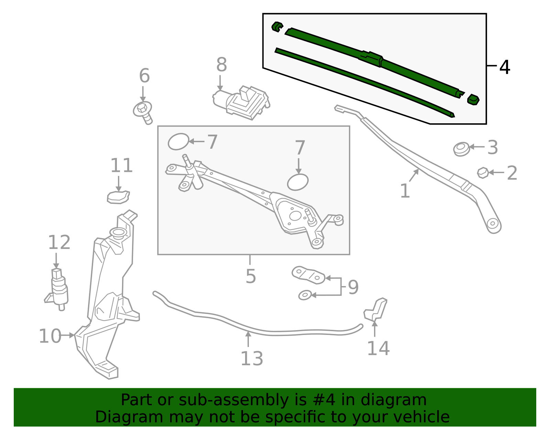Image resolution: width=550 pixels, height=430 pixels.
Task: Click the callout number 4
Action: coord(504,67)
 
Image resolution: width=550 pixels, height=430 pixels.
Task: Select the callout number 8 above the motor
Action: coord(222,64)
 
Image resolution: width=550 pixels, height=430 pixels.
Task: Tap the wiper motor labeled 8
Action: coord(242,102)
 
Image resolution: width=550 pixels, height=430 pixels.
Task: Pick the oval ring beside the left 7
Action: coord(178,141)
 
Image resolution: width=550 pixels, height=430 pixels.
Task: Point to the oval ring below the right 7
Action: coord(298,182)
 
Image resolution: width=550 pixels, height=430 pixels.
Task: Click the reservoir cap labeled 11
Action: coord(118,198)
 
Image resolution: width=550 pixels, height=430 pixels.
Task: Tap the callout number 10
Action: coord(50,336)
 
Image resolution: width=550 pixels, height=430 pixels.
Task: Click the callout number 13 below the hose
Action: coord(252,358)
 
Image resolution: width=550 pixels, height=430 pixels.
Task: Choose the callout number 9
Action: coord(353,287)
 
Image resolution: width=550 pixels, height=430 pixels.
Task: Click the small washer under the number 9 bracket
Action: coord(305,295)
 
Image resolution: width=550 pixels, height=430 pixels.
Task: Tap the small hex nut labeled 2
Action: coord(483,172)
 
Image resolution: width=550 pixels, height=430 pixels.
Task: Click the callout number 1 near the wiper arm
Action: coord(405,191)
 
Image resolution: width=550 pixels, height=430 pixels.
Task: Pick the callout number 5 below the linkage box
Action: coord(251,276)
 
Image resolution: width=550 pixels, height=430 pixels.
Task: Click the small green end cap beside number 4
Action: coord(473,99)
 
